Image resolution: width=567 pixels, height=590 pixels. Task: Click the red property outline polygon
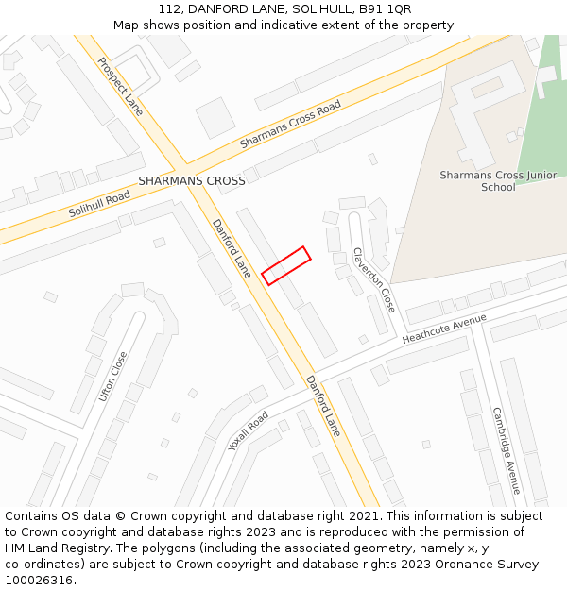[286, 265]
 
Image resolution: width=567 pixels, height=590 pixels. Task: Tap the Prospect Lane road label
[120, 85]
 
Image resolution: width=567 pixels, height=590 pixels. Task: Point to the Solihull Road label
[99, 204]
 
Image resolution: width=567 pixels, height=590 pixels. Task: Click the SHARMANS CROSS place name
[192, 180]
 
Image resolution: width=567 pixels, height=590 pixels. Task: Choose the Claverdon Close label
[374, 280]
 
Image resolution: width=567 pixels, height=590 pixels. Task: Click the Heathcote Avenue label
[444, 329]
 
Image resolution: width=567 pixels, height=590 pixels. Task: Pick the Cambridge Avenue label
[506, 450]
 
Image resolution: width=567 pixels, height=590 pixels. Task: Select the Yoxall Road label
[249, 430]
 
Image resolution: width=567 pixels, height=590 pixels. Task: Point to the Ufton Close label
[112, 376]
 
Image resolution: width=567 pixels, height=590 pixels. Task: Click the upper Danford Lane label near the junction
[232, 248]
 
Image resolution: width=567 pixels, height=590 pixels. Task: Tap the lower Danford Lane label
[323, 405]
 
